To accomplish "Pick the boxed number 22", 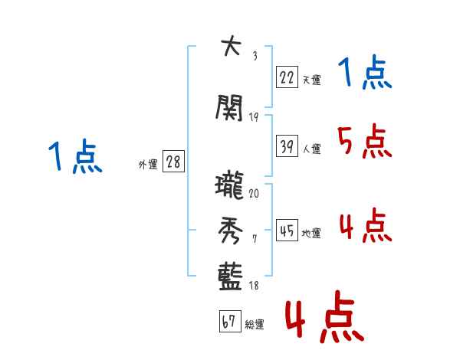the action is [x=287, y=77].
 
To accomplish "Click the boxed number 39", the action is [x=287, y=146].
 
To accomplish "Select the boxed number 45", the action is [x=287, y=231].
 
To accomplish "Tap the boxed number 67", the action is [x=229, y=322].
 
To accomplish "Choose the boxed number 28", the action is [x=173, y=162].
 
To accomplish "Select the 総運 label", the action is [x=255, y=325].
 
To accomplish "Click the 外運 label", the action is [x=148, y=165].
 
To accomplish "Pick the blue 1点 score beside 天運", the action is [x=363, y=74].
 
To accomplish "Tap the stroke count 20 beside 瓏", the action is [x=254, y=195].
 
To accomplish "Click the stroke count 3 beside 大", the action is [x=254, y=55].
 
